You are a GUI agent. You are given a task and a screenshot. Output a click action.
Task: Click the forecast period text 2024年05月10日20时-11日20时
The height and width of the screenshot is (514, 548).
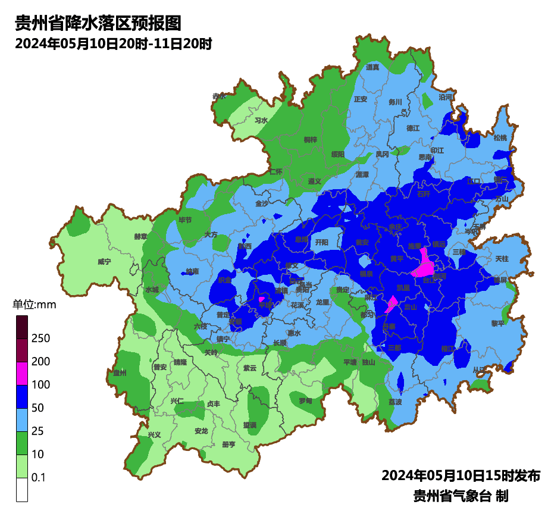(113, 43)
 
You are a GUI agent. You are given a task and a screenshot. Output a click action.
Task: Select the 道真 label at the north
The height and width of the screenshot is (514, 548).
(372, 67)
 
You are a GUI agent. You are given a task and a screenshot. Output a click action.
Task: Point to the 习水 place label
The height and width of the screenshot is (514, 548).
(261, 120)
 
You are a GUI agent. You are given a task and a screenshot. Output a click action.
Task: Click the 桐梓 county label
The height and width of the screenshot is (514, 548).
(311, 140)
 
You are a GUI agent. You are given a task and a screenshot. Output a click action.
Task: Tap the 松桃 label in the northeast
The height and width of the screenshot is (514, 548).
(500, 138)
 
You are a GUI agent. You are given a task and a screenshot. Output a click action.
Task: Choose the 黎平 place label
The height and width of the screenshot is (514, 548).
(497, 323)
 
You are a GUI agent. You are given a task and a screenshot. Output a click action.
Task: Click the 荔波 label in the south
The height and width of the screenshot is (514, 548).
(395, 402)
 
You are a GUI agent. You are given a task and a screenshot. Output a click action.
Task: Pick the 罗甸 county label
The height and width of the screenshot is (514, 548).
(305, 401)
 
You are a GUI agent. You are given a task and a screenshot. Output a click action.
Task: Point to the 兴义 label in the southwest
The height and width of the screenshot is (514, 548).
(154, 435)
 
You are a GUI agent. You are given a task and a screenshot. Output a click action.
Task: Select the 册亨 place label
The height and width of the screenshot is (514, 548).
(228, 444)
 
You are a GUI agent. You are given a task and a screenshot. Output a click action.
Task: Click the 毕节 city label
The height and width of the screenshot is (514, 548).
(186, 220)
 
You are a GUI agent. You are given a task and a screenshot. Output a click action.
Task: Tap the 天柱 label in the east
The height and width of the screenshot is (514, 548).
(502, 259)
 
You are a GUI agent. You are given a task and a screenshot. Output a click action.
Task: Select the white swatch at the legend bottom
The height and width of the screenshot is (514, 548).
(22, 490)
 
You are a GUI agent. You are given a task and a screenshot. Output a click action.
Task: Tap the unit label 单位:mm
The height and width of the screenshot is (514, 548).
(34, 305)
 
